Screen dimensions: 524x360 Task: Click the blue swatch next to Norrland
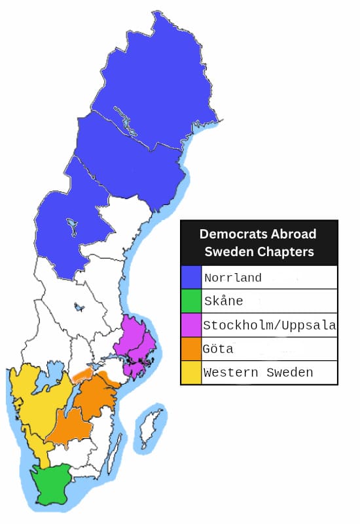(191, 277)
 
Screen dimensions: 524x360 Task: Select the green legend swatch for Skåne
(191, 301)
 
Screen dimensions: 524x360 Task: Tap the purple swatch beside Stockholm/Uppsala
(191, 325)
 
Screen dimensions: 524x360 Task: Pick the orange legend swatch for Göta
(191, 348)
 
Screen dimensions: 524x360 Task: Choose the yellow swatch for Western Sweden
(191, 372)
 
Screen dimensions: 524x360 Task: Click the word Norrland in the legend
(232, 278)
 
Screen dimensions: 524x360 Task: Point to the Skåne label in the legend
(223, 301)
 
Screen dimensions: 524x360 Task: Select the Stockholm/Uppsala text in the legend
(269, 325)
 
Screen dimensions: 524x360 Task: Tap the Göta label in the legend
(219, 348)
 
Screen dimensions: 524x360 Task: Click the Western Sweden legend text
(258, 373)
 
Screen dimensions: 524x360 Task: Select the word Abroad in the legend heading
(293, 234)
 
